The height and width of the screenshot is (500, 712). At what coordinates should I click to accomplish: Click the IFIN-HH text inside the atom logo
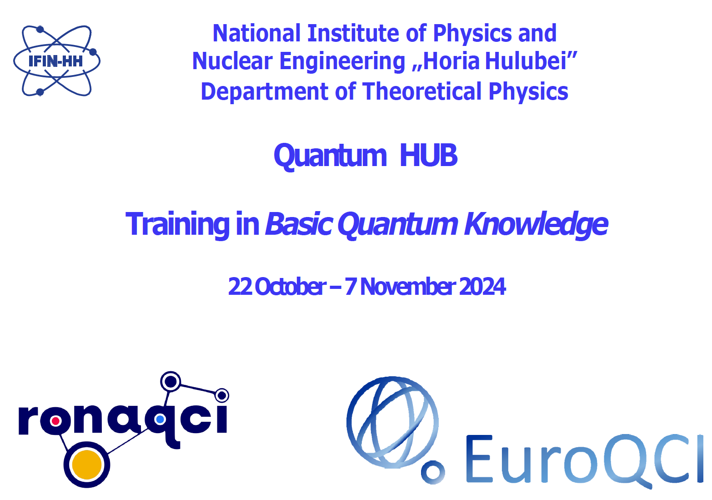[x=55, y=61]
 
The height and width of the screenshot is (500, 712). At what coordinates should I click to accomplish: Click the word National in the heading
[x=256, y=33]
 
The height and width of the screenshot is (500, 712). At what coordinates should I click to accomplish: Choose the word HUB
[x=428, y=155]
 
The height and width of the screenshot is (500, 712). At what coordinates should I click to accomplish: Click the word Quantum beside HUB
[x=330, y=156]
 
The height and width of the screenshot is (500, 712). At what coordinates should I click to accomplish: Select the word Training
[x=177, y=225]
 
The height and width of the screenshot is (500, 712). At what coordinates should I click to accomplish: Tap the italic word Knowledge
[x=536, y=225]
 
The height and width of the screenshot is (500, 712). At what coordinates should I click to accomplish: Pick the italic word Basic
[x=299, y=224]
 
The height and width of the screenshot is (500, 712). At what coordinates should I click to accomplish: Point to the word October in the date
[x=291, y=287]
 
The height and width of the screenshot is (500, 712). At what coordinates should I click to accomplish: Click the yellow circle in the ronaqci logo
[x=87, y=465]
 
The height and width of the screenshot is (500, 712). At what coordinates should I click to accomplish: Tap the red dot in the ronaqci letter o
[x=55, y=421]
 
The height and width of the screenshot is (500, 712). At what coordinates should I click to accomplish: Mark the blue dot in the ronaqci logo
[x=160, y=419]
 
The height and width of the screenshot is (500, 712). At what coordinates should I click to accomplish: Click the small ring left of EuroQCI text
[x=433, y=472]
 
